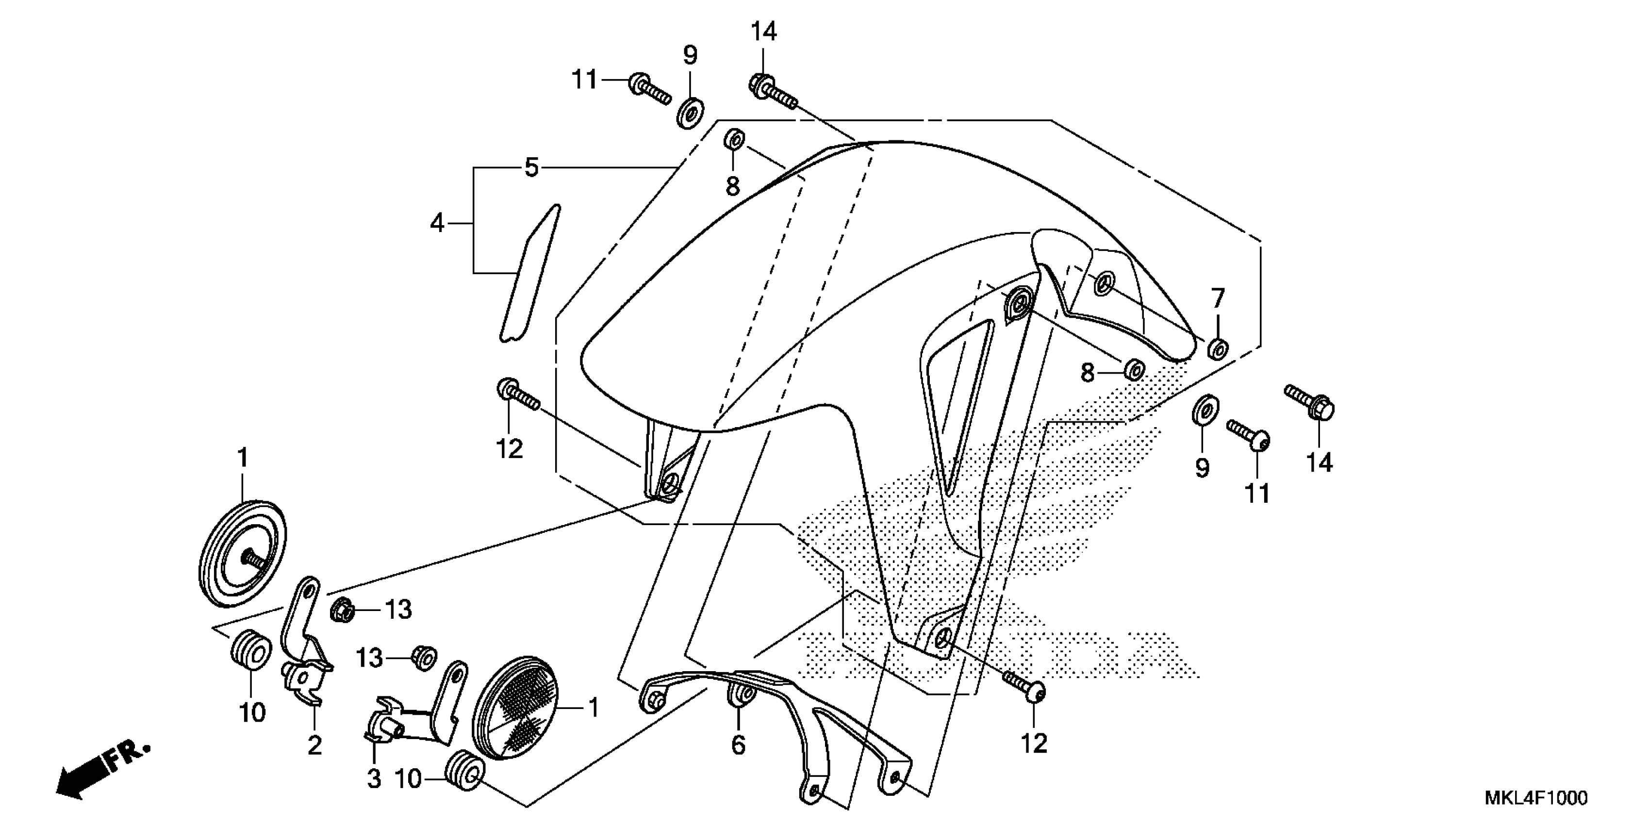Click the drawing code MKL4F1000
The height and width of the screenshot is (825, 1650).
pyautogui.click(x=1535, y=798)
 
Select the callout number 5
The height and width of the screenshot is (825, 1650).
pyautogui.click(x=531, y=168)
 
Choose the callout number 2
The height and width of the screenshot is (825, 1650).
pyautogui.click(x=314, y=745)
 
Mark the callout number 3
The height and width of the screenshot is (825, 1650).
pyautogui.click(x=373, y=778)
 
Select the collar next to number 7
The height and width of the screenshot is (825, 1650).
pyautogui.click(x=1217, y=349)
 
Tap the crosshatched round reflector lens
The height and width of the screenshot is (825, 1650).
pyautogui.click(x=515, y=708)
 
